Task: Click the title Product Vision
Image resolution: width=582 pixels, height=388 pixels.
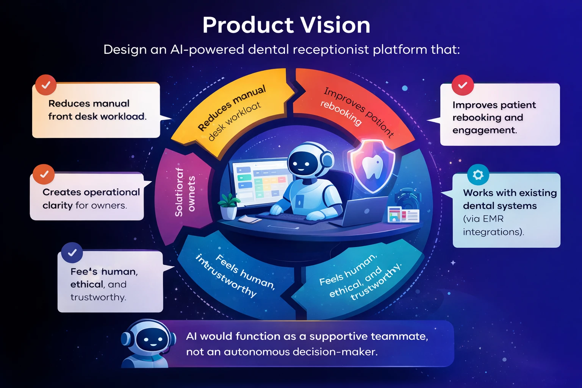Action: pos(286,25)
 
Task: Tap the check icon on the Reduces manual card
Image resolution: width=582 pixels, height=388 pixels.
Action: pos(46,85)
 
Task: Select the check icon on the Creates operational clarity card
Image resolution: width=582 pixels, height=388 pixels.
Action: pos(44,174)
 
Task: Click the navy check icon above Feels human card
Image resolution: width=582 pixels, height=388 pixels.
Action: pos(72,253)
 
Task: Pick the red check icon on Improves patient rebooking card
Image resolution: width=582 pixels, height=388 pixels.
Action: pos(463,85)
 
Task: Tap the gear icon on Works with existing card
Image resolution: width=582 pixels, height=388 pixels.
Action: pos(478,175)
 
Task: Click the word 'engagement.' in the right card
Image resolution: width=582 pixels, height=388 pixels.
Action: pos(484,130)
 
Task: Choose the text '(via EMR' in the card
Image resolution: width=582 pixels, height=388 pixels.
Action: pos(483,219)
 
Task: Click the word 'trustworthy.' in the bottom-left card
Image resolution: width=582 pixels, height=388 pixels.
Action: pos(98,297)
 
